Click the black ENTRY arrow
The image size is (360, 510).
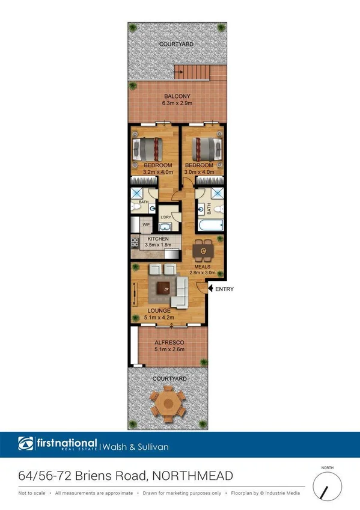click(x=210, y=289)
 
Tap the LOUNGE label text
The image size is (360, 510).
click(x=159, y=311)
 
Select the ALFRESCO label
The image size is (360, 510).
click(x=168, y=342)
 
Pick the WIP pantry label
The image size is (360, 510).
click(x=145, y=224)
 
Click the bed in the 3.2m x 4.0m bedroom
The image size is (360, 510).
click(x=148, y=147)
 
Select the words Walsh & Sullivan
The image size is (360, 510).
click(x=135, y=447)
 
